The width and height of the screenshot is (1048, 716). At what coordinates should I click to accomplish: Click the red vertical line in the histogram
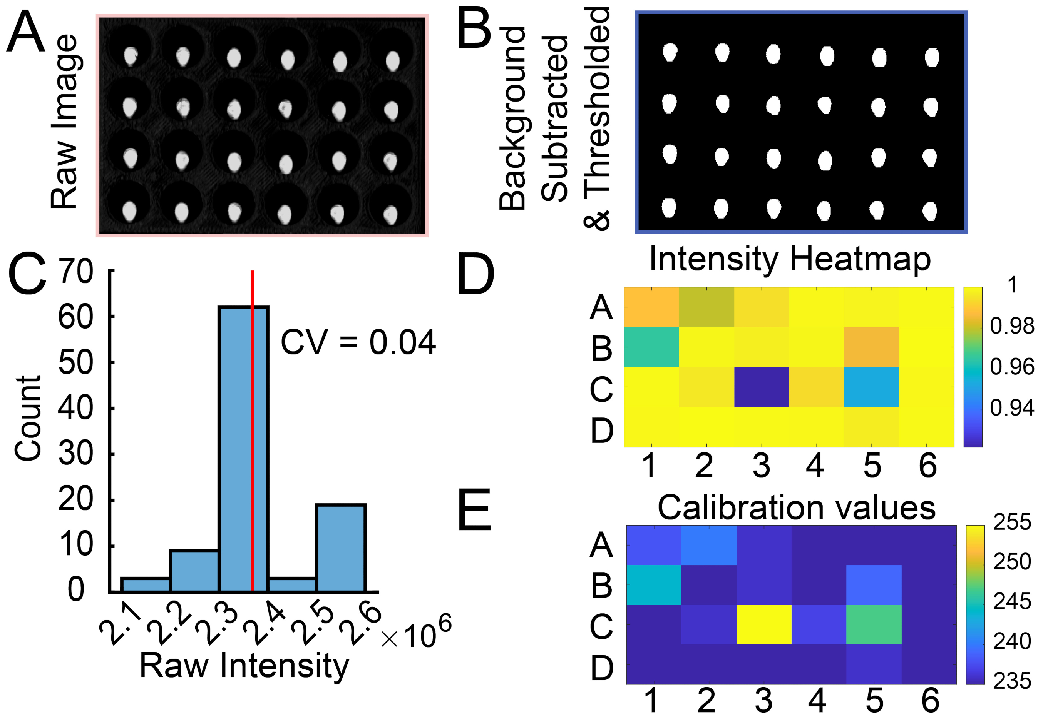tap(252, 428)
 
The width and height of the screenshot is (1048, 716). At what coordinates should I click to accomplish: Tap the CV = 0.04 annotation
tap(358, 343)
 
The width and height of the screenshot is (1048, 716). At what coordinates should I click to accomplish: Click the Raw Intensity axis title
tap(244, 665)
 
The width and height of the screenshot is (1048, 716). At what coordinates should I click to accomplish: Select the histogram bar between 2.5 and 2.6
tap(340, 547)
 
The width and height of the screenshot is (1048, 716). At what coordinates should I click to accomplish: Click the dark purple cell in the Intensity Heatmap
tap(761, 387)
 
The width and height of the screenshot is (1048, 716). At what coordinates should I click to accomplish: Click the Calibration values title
tap(796, 508)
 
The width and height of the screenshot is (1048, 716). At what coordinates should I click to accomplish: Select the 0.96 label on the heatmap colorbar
tap(1011, 367)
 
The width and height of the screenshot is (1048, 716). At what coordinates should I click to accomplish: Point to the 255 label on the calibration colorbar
tap(1012, 522)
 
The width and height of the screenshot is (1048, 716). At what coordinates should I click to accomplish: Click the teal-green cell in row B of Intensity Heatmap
tap(651, 347)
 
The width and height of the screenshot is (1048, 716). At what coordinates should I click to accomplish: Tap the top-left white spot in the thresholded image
tap(670, 52)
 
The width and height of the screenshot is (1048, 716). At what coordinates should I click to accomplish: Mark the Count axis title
tap(28, 418)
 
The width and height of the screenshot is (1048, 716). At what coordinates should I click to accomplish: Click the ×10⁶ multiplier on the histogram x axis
tap(415, 633)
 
